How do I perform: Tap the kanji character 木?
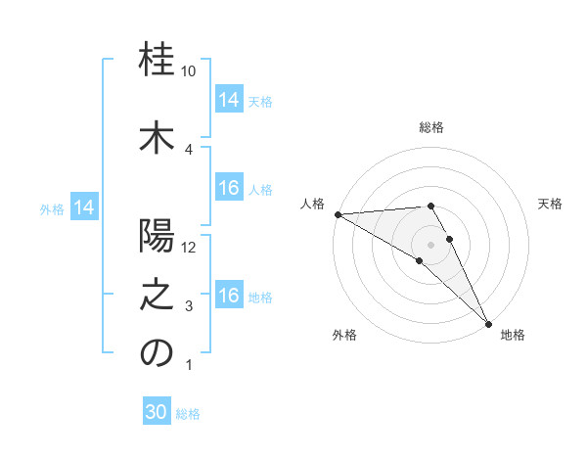click(157, 138)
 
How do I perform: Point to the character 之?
click(157, 295)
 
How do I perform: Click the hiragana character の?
click(157, 353)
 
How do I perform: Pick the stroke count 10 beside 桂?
click(190, 71)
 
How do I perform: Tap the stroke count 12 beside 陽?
click(190, 247)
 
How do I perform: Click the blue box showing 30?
click(157, 412)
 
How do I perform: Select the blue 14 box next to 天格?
click(229, 100)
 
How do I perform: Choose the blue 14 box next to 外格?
click(83, 207)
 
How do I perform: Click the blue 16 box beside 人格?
click(229, 188)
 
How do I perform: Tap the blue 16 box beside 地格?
click(229, 296)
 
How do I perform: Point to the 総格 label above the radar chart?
click(431, 127)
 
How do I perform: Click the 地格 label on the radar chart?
click(513, 336)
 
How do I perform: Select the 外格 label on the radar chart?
click(344, 336)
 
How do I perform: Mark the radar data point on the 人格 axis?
click(338, 213)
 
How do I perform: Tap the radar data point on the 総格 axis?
click(430, 206)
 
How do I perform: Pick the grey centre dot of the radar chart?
click(430, 244)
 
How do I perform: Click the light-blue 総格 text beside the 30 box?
click(188, 414)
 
